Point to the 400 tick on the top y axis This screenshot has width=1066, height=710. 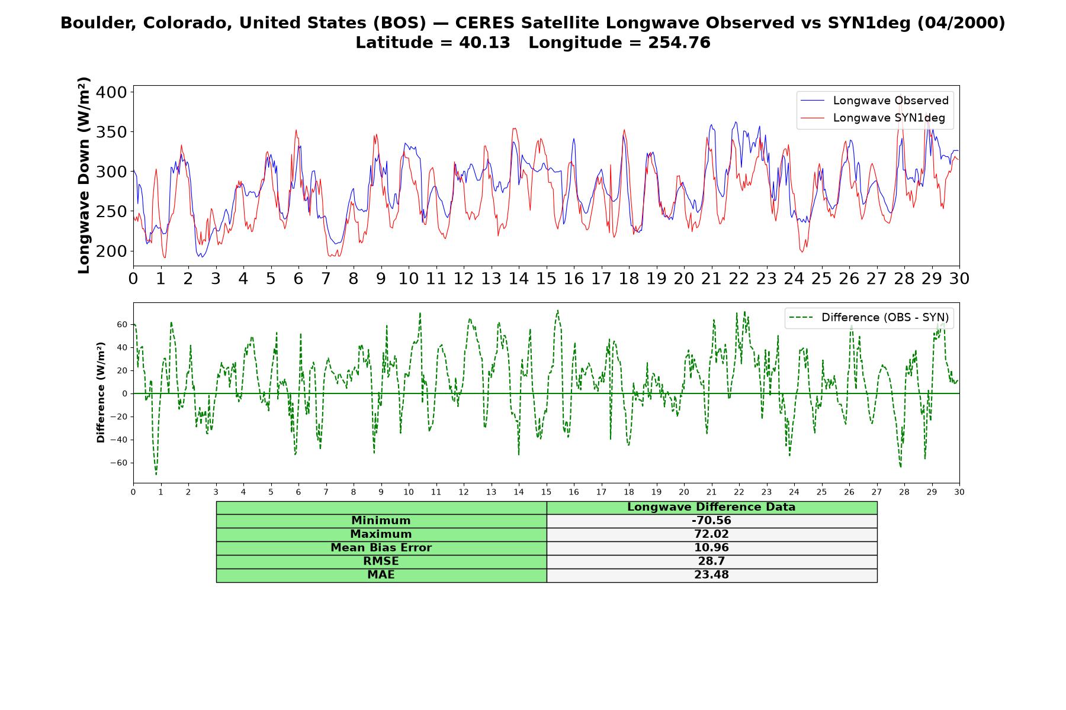tap(111, 92)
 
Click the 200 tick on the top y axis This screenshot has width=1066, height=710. tap(111, 251)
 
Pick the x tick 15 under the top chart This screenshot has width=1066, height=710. tap(546, 278)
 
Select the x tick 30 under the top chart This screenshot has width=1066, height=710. tap(959, 278)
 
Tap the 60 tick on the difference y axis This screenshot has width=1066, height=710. tap(123, 324)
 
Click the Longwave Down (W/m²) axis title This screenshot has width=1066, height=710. tap(84, 175)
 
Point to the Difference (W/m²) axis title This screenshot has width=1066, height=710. tap(101, 392)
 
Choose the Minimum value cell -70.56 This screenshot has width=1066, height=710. tap(711, 521)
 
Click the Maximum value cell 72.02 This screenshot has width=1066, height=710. tap(711, 534)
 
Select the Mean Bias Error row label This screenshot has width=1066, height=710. tap(381, 548)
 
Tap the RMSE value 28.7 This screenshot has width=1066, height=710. tap(711, 561)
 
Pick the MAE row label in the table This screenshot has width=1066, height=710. tap(381, 575)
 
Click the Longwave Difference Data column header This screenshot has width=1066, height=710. tap(711, 507)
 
